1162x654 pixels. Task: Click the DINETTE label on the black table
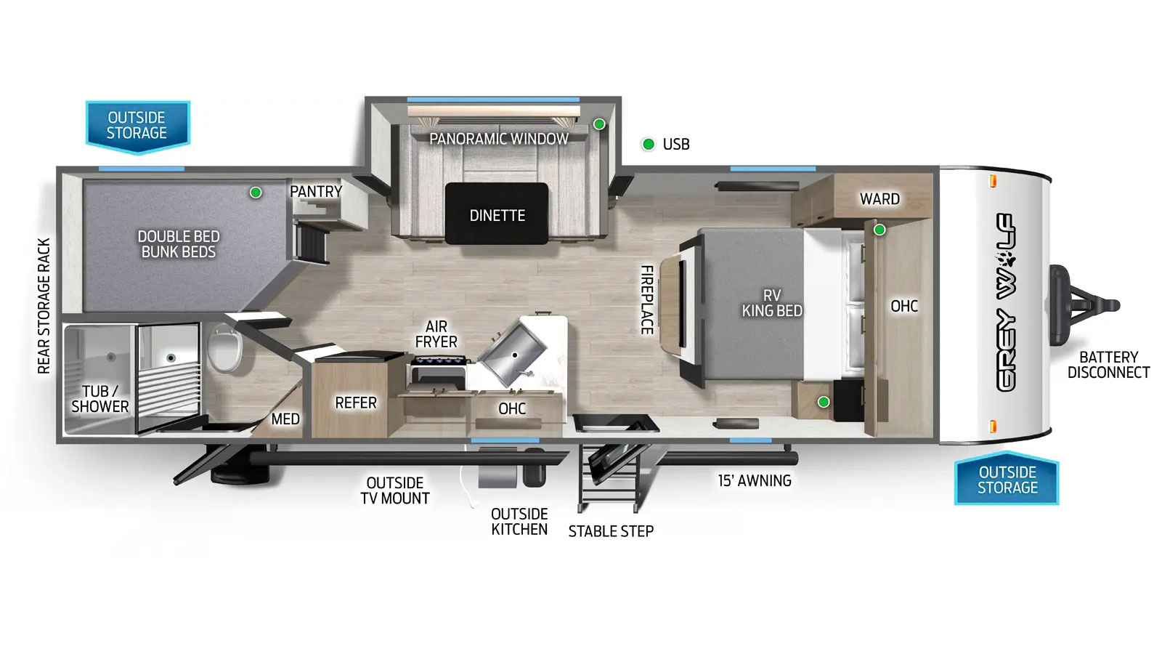click(497, 215)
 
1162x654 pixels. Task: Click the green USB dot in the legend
click(648, 144)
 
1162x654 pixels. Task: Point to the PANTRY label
click(316, 192)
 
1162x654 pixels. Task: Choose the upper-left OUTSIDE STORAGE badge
click(137, 127)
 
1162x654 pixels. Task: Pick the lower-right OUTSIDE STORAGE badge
click(1007, 478)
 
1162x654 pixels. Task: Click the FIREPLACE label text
click(647, 300)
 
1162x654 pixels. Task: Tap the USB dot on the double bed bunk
click(255, 193)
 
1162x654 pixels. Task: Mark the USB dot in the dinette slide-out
click(599, 124)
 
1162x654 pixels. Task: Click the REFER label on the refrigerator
click(356, 403)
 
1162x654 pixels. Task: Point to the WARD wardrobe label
click(879, 199)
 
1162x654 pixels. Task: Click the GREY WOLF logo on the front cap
click(1006, 302)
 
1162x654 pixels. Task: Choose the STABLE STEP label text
click(611, 531)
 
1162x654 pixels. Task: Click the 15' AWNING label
click(755, 480)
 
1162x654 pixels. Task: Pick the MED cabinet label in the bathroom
click(285, 419)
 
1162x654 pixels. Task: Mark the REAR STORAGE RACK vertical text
click(44, 306)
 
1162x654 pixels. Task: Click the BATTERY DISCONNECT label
click(1108, 365)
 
